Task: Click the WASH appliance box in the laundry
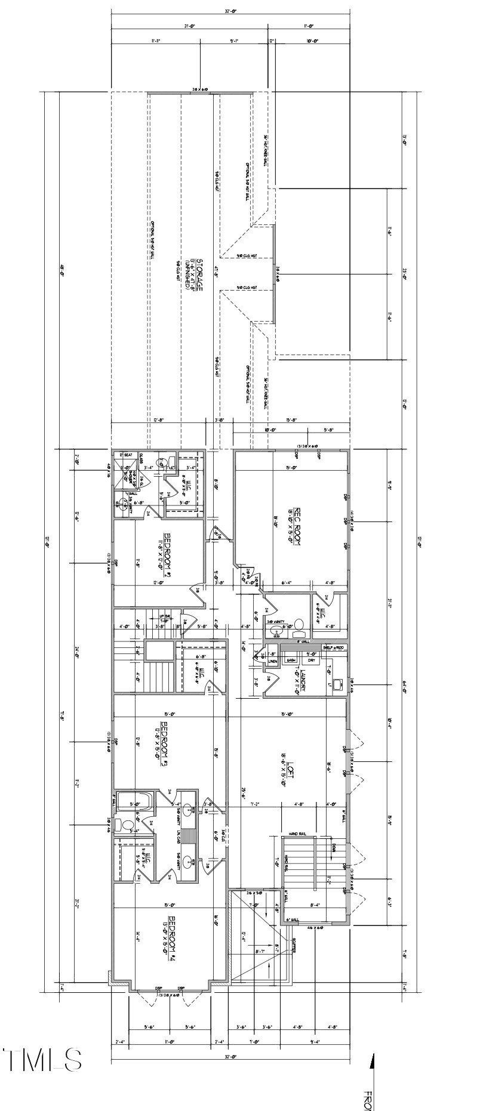point(292,660)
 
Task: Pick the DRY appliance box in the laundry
point(312,660)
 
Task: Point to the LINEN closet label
point(272,661)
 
